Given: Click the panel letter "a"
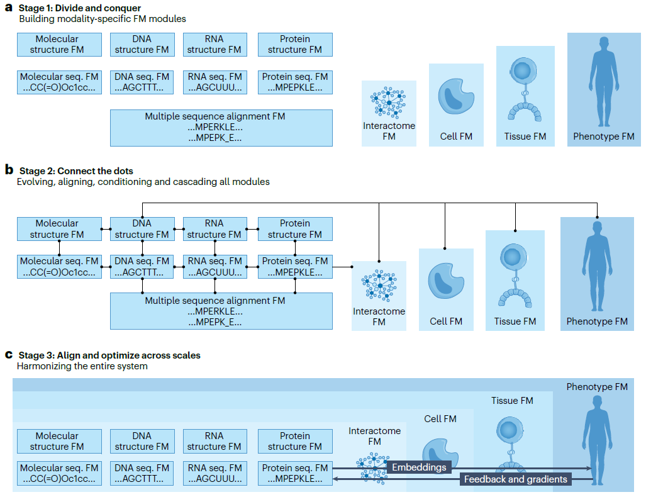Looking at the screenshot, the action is [9, 8].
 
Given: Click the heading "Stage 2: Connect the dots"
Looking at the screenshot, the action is [76, 171].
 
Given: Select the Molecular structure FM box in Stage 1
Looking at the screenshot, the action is [59, 45].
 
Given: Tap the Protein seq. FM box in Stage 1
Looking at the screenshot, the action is [295, 82].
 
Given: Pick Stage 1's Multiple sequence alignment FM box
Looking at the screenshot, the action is [221, 128].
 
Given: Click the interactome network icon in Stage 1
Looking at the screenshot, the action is [388, 103].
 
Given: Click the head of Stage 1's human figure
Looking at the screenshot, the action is [604, 45].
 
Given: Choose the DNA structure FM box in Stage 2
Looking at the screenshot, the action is [142, 229].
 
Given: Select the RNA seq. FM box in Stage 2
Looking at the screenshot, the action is [215, 267].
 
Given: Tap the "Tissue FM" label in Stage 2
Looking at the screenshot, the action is [515, 321].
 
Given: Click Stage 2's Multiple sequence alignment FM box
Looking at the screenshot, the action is [221, 311].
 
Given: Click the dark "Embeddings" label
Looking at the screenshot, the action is [419, 467].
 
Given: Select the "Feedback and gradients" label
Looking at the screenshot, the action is [515, 479].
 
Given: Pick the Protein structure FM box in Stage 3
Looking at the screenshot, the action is [295, 442].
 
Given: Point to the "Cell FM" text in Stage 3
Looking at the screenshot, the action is [440, 419].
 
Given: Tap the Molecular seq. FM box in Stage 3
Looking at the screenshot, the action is [59, 474].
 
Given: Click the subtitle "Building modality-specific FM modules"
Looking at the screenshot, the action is [102, 19].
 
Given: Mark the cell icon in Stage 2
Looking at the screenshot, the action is [446, 281].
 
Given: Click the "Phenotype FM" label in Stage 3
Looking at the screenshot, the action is [597, 387].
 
